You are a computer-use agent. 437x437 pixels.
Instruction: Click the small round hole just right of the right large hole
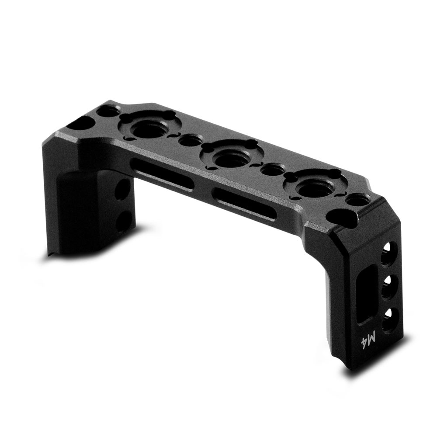click(356, 201)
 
